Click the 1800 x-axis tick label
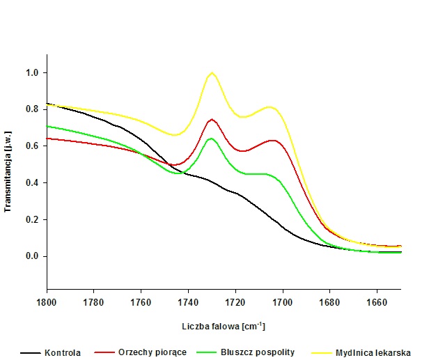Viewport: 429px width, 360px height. coord(47,302)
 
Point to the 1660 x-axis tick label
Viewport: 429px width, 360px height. coord(376,302)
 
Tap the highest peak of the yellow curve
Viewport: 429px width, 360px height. coord(212,72)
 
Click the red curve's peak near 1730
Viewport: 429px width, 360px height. coord(212,119)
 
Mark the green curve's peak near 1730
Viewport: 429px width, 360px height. coord(211,139)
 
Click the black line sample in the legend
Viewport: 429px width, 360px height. coord(31,352)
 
